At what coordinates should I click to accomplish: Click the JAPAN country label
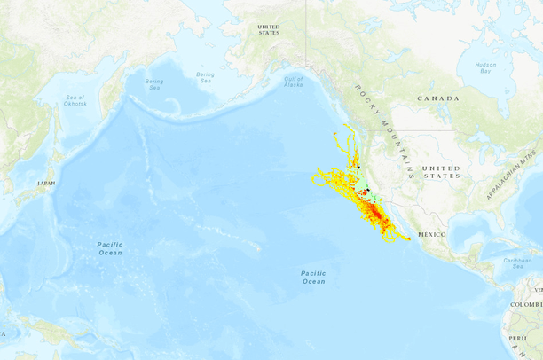pos(46,183)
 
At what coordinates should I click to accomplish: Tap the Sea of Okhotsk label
pos(75,100)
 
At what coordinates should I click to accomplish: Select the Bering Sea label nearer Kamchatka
pos(154,85)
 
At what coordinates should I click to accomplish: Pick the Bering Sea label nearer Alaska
pos(205,77)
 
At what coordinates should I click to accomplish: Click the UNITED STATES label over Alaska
pos(268,29)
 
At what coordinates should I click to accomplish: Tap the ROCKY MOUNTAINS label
pos(384,124)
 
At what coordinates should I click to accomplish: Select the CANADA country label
pos(439,98)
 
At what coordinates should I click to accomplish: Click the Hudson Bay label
pos(485,68)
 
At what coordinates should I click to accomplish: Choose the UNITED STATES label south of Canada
pos(441,172)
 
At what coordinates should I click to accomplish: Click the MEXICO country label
pos(431,234)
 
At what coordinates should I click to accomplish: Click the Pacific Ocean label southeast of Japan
pos(110,247)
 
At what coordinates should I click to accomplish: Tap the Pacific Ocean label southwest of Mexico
pos(313,277)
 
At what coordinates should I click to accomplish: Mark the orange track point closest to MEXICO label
pos(408,239)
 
